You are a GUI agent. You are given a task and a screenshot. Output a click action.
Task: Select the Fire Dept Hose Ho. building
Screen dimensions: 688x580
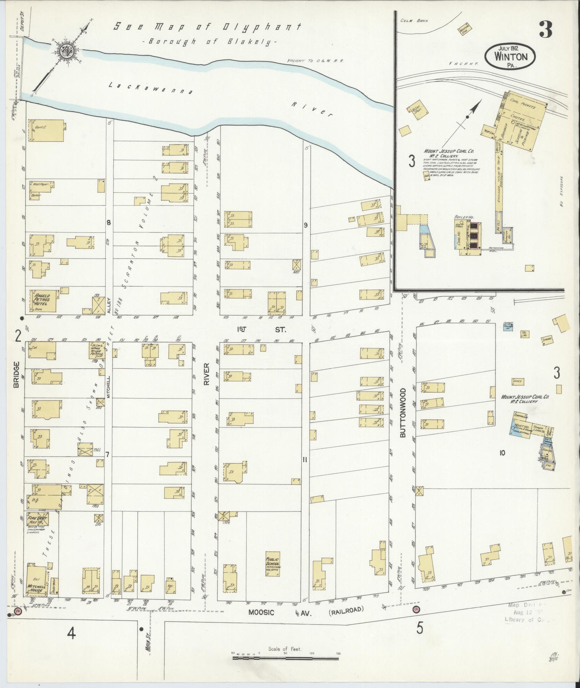[37, 520]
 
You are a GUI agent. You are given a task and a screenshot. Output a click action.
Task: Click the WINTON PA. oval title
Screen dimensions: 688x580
[510, 56]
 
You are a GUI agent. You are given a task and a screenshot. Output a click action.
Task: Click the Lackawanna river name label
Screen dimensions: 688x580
[151, 88]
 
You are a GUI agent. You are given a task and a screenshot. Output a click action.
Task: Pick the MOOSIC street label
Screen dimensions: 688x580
[262, 612]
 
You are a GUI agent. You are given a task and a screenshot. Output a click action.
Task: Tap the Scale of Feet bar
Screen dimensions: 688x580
[286, 658]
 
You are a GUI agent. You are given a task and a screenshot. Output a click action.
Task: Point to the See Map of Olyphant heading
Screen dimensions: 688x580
[207, 27]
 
